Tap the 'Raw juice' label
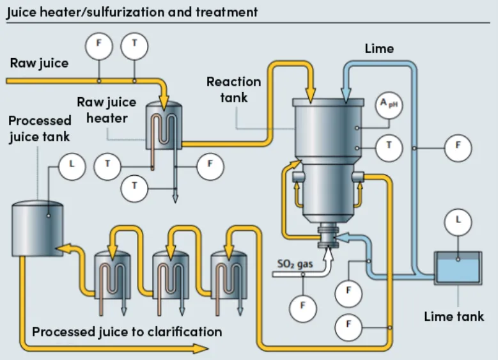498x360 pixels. tap(39, 63)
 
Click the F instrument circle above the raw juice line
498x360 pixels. tap(99, 45)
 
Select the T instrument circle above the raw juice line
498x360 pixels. tap(134, 45)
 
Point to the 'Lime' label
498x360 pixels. tap(379, 49)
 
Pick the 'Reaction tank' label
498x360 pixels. tap(233, 90)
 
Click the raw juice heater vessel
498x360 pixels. tap(164, 124)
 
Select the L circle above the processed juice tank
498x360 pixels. tap(72, 166)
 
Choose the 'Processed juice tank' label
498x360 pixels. tap(40, 129)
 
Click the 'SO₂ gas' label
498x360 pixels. tap(293, 263)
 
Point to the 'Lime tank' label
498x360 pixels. tap(454, 317)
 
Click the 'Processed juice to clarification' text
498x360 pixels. tap(127, 332)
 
